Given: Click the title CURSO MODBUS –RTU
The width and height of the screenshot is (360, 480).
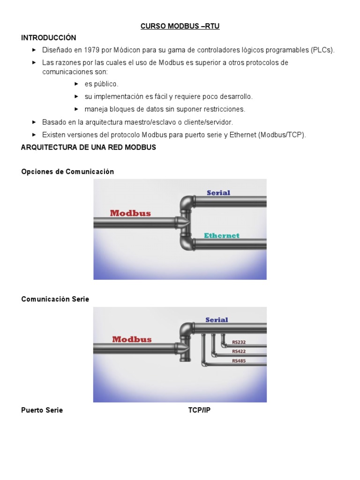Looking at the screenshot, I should [180, 27].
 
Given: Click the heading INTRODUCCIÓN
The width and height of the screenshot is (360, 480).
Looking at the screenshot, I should [49, 37].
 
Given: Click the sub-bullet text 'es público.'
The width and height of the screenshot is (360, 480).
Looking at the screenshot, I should [101, 84].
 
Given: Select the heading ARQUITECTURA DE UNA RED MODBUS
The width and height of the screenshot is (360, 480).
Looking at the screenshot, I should [89, 147].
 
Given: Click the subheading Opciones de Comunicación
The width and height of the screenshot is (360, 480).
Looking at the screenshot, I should [67, 172].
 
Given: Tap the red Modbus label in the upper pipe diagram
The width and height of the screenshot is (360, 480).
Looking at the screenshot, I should [130, 213].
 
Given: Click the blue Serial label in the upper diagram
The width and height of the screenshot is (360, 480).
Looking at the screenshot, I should [218, 193].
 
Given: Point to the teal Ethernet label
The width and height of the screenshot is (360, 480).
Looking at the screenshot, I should [222, 236].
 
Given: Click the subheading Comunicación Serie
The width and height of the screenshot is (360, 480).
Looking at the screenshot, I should [55, 299].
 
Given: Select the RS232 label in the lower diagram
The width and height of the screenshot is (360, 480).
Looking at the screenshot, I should [239, 342].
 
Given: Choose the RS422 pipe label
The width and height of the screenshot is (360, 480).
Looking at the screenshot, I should [239, 352].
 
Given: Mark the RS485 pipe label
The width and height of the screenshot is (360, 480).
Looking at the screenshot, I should [239, 361].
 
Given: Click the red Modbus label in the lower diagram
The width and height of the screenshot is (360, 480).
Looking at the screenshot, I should [132, 339].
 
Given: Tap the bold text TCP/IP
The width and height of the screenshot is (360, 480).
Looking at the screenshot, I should [199, 410].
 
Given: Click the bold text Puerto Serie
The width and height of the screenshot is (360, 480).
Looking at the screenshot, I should [42, 410].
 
